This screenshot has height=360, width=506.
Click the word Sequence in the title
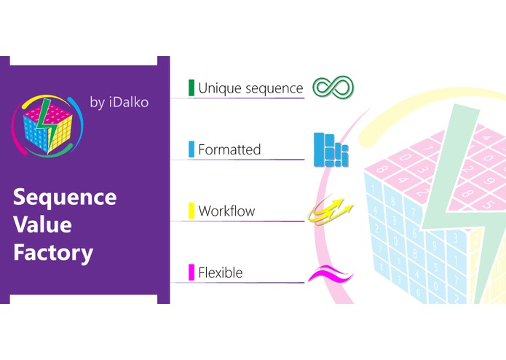click(x=65, y=197)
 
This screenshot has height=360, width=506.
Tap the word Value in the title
click(x=43, y=224)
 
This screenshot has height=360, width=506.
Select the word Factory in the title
click(x=53, y=252)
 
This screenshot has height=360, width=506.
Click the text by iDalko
click(x=119, y=103)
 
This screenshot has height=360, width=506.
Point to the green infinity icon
click(x=333, y=88)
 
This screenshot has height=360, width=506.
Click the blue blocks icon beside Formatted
click(x=331, y=150)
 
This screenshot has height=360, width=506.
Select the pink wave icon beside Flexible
click(x=330, y=275)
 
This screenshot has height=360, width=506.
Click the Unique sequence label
click(x=250, y=88)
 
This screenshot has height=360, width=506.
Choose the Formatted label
click(x=229, y=150)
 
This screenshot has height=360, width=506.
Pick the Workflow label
click(x=226, y=212)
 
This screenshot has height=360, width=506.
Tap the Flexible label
click(x=220, y=273)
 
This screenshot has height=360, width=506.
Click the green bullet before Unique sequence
click(x=191, y=88)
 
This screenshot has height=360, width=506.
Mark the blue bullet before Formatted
click(x=191, y=150)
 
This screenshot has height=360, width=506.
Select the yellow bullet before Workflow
click(x=191, y=212)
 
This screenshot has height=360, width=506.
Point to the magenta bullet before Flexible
click(x=191, y=273)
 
